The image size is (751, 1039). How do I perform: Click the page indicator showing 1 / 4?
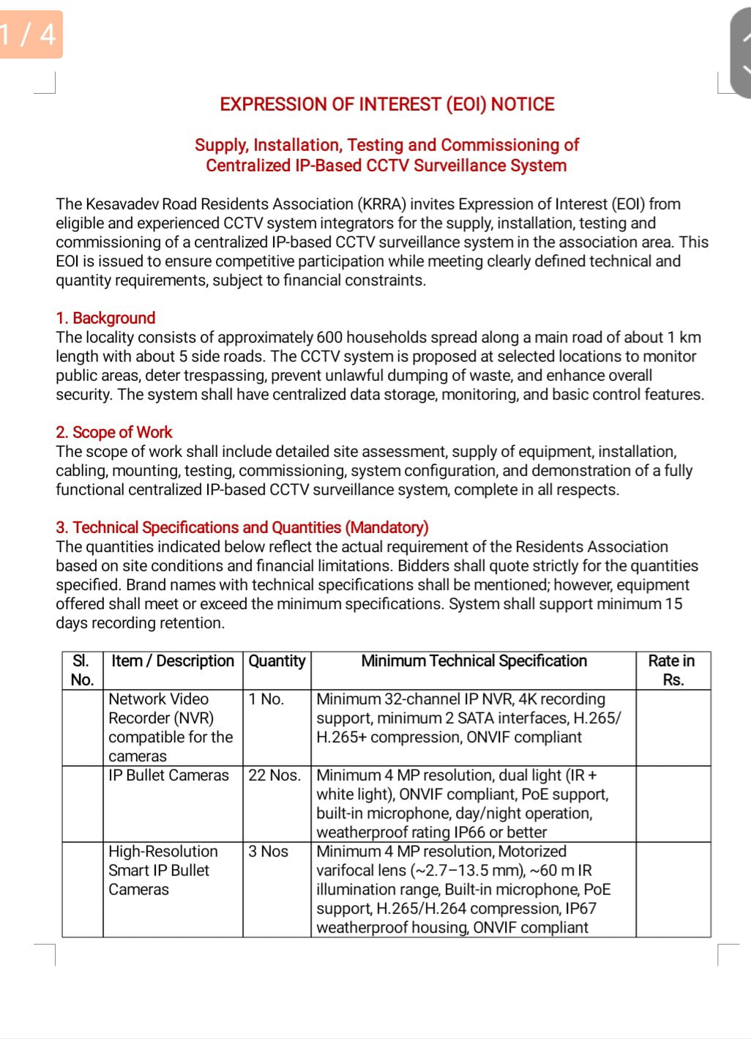pyautogui.click(x=29, y=34)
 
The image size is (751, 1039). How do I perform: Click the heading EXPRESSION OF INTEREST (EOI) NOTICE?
pyautogui.click(x=387, y=104)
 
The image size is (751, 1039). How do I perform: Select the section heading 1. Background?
pyautogui.click(x=105, y=318)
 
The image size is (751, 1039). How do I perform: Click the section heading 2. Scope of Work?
pyautogui.click(x=113, y=432)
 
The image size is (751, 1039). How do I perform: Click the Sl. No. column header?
pyautogui.click(x=82, y=670)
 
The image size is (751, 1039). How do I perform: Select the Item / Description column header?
pyautogui.click(x=172, y=660)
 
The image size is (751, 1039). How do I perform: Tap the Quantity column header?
pyautogui.click(x=277, y=660)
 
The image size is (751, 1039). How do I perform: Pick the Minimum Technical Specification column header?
pyautogui.click(x=474, y=660)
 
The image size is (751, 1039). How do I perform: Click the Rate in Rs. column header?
pyautogui.click(x=672, y=670)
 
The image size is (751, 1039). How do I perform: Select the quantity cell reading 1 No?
pyautogui.click(x=266, y=699)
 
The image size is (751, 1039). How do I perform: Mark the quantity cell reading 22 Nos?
pyautogui.click(x=274, y=775)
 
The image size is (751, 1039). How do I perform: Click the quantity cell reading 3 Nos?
pyautogui.click(x=269, y=852)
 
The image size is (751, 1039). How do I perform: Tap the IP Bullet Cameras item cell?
pyautogui.click(x=168, y=775)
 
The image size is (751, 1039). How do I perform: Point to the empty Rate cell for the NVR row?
pyautogui.click(x=673, y=728)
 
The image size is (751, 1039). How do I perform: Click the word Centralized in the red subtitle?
pyautogui.click(x=247, y=165)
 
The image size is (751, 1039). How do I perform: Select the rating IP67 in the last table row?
pyautogui.click(x=580, y=909)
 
